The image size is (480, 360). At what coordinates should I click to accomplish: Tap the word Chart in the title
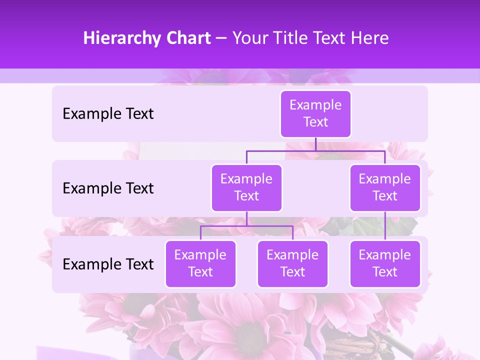coord(188,38)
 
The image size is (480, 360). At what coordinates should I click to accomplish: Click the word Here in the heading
coord(369,38)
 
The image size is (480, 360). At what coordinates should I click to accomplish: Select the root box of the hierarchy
coord(315,114)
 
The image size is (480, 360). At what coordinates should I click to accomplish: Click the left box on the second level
coord(246,188)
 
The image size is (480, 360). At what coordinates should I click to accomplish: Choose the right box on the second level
coord(385,188)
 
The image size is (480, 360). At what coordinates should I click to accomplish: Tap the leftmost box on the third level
coord(200,264)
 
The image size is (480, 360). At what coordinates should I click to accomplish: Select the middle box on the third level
coord(292,264)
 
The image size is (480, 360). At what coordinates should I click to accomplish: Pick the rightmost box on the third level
coord(385,264)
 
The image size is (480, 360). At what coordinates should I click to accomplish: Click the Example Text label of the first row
coord(108,114)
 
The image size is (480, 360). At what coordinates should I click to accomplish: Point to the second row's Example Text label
coord(108,188)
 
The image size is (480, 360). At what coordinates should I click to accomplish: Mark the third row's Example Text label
coord(108,264)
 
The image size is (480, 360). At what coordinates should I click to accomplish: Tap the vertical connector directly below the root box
coord(315,144)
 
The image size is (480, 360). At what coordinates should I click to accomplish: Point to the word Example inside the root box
coord(315,105)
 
